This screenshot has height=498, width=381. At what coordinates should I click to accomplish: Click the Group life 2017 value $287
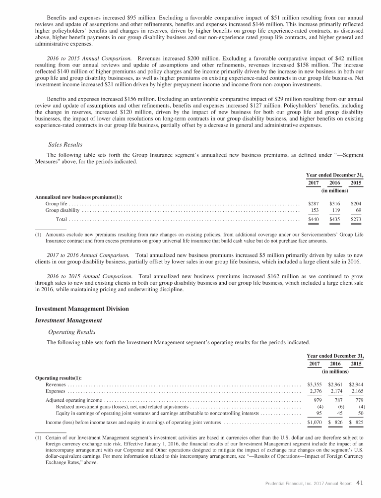pos(314,203)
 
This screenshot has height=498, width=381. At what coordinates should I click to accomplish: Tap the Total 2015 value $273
pos(356,219)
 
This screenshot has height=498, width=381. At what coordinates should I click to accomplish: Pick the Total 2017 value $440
pos(314,219)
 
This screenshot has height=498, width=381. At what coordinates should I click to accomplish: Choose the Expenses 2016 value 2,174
pos(335,391)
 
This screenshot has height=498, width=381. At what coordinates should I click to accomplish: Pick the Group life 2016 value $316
pos(335,203)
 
